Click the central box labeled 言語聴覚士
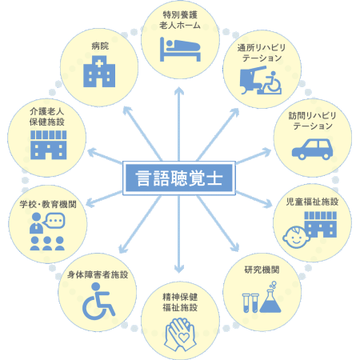click(x=179, y=178)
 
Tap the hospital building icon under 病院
click(x=99, y=71)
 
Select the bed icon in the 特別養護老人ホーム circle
click(x=180, y=50)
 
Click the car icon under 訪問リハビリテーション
click(x=312, y=149)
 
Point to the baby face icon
click(x=295, y=238)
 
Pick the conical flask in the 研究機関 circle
click(x=270, y=299)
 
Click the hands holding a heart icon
click(x=180, y=334)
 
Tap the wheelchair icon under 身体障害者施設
click(x=98, y=302)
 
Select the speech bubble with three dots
click(x=54, y=221)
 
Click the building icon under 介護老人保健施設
click(x=48, y=145)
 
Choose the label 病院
click(x=100, y=46)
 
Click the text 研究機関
click(x=262, y=270)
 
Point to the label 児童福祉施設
click(x=312, y=202)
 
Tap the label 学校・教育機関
click(x=48, y=204)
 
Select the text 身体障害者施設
click(x=98, y=274)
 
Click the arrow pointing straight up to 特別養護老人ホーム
click(x=179, y=124)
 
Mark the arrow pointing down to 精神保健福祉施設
click(x=179, y=234)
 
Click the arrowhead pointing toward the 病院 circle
click(x=127, y=110)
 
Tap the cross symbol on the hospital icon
click(x=99, y=63)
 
